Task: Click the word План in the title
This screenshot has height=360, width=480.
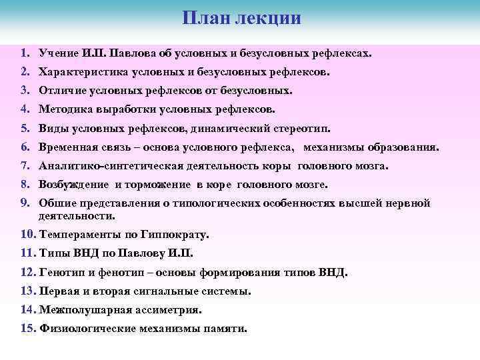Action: click(x=205, y=17)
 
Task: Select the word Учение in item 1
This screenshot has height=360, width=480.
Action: click(x=59, y=52)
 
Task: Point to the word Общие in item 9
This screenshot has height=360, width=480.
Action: click(x=57, y=204)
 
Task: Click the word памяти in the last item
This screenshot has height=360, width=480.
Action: click(x=227, y=329)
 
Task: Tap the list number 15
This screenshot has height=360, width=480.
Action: click(x=29, y=329)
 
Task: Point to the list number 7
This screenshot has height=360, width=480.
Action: click(x=24, y=166)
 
